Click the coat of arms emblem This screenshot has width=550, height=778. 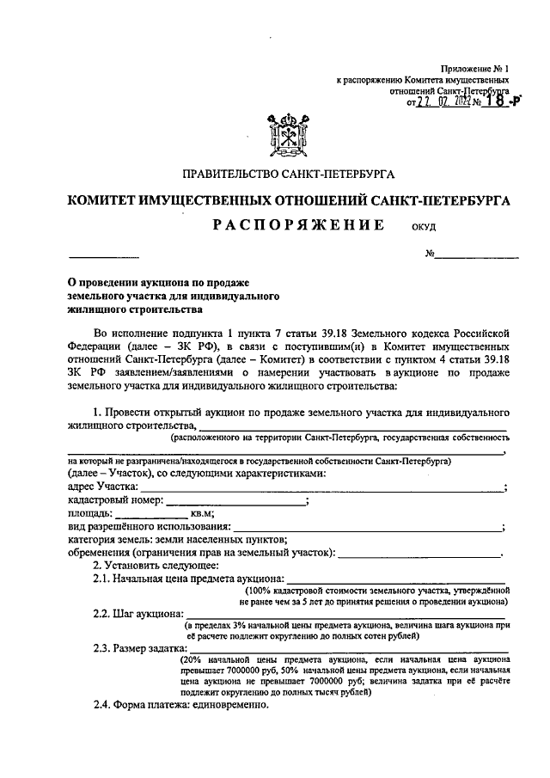[x=289, y=133]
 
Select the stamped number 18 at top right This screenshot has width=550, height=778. [x=489, y=101]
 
